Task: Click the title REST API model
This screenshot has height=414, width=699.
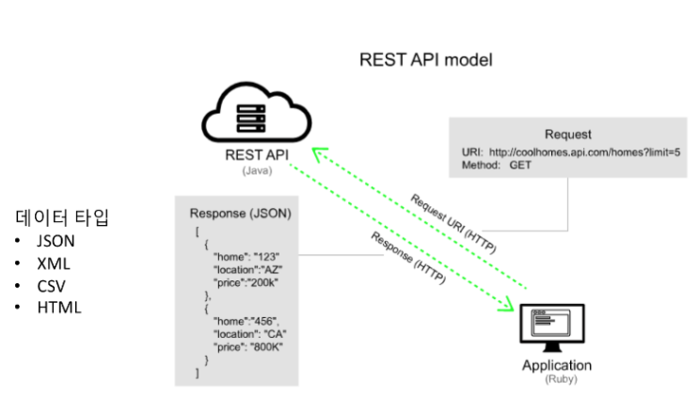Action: pos(426,59)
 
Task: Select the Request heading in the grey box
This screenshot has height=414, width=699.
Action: pos(568,135)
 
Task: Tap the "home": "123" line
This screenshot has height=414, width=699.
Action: pos(246,256)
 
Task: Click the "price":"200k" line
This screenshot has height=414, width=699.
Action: pos(246,282)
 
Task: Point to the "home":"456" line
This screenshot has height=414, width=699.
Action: pos(247,320)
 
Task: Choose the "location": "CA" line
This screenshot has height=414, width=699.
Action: pos(250,333)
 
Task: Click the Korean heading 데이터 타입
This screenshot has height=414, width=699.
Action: pos(62,219)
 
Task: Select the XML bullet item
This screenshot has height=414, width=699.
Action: pos(53,263)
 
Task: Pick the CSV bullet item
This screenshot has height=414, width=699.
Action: pos(52,285)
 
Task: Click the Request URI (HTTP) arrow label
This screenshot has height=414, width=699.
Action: pos(453,224)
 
